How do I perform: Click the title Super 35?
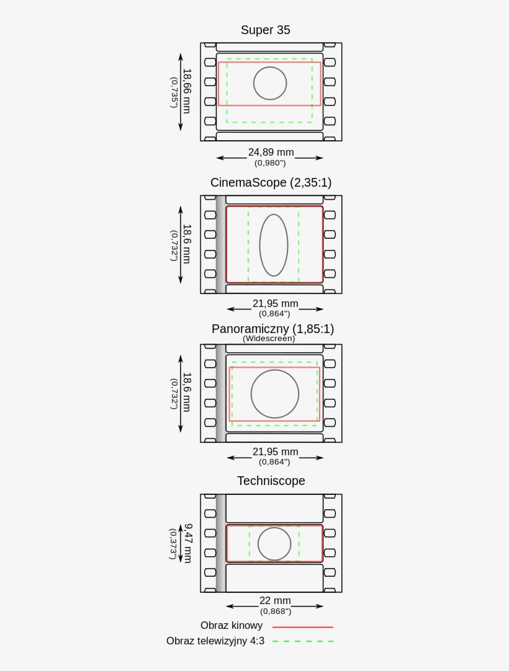click(x=265, y=30)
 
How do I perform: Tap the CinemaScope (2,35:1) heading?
click(x=271, y=183)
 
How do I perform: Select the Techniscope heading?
click(x=271, y=481)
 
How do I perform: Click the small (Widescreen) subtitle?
click(x=269, y=339)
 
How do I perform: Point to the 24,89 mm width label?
click(x=271, y=152)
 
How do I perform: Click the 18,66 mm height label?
click(x=186, y=91)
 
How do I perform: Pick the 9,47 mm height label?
click(x=187, y=543)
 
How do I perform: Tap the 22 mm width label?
click(x=275, y=600)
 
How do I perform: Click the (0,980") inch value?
click(x=270, y=163)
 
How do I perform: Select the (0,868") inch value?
click(x=276, y=611)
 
